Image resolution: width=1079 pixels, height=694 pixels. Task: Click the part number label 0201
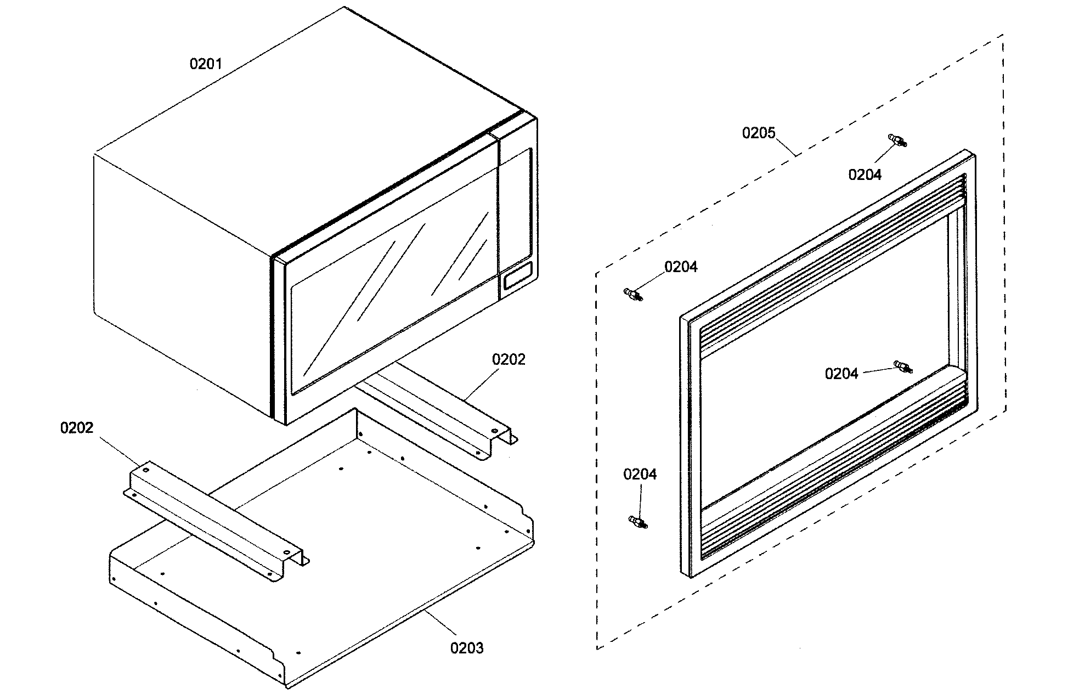(x=206, y=64)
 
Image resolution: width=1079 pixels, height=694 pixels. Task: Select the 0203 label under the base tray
(x=467, y=648)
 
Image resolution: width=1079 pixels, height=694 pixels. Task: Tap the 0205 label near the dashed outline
(x=759, y=133)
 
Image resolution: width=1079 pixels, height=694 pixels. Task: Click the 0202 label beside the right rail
(x=509, y=359)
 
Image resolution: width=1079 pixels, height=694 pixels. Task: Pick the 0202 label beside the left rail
(x=77, y=427)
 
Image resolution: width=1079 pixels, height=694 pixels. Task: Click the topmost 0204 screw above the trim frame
(x=896, y=140)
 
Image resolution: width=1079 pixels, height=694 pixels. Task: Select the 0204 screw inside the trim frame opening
(x=902, y=366)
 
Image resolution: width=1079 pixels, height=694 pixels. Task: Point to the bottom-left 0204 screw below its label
(x=637, y=522)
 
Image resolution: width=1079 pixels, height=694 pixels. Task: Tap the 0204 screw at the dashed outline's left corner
(x=633, y=295)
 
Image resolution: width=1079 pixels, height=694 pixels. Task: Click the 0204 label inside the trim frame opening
(x=841, y=374)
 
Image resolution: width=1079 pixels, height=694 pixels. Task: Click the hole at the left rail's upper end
(x=145, y=470)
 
